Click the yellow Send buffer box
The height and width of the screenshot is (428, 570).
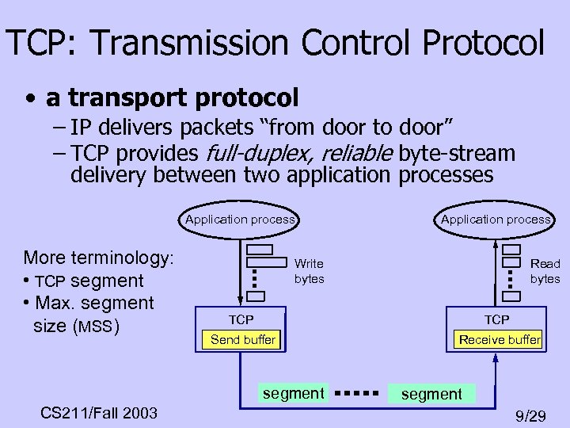[x=242, y=340]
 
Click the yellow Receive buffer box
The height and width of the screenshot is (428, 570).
[x=500, y=340]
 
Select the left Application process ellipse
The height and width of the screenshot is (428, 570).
[x=240, y=220]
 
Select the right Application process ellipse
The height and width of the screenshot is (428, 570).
[x=496, y=220]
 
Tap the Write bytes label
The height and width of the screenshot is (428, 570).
[x=309, y=271]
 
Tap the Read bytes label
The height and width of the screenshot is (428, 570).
[x=545, y=271]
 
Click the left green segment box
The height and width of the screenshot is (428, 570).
[x=294, y=393]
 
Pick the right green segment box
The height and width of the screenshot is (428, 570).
[x=431, y=394]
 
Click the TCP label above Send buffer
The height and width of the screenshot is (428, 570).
[x=241, y=319]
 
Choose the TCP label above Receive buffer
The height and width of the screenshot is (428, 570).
[x=497, y=319]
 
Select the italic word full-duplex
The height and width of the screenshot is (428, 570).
[x=251, y=153]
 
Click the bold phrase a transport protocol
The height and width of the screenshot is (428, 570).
[x=172, y=98]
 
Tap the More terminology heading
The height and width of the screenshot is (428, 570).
[x=99, y=258]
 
